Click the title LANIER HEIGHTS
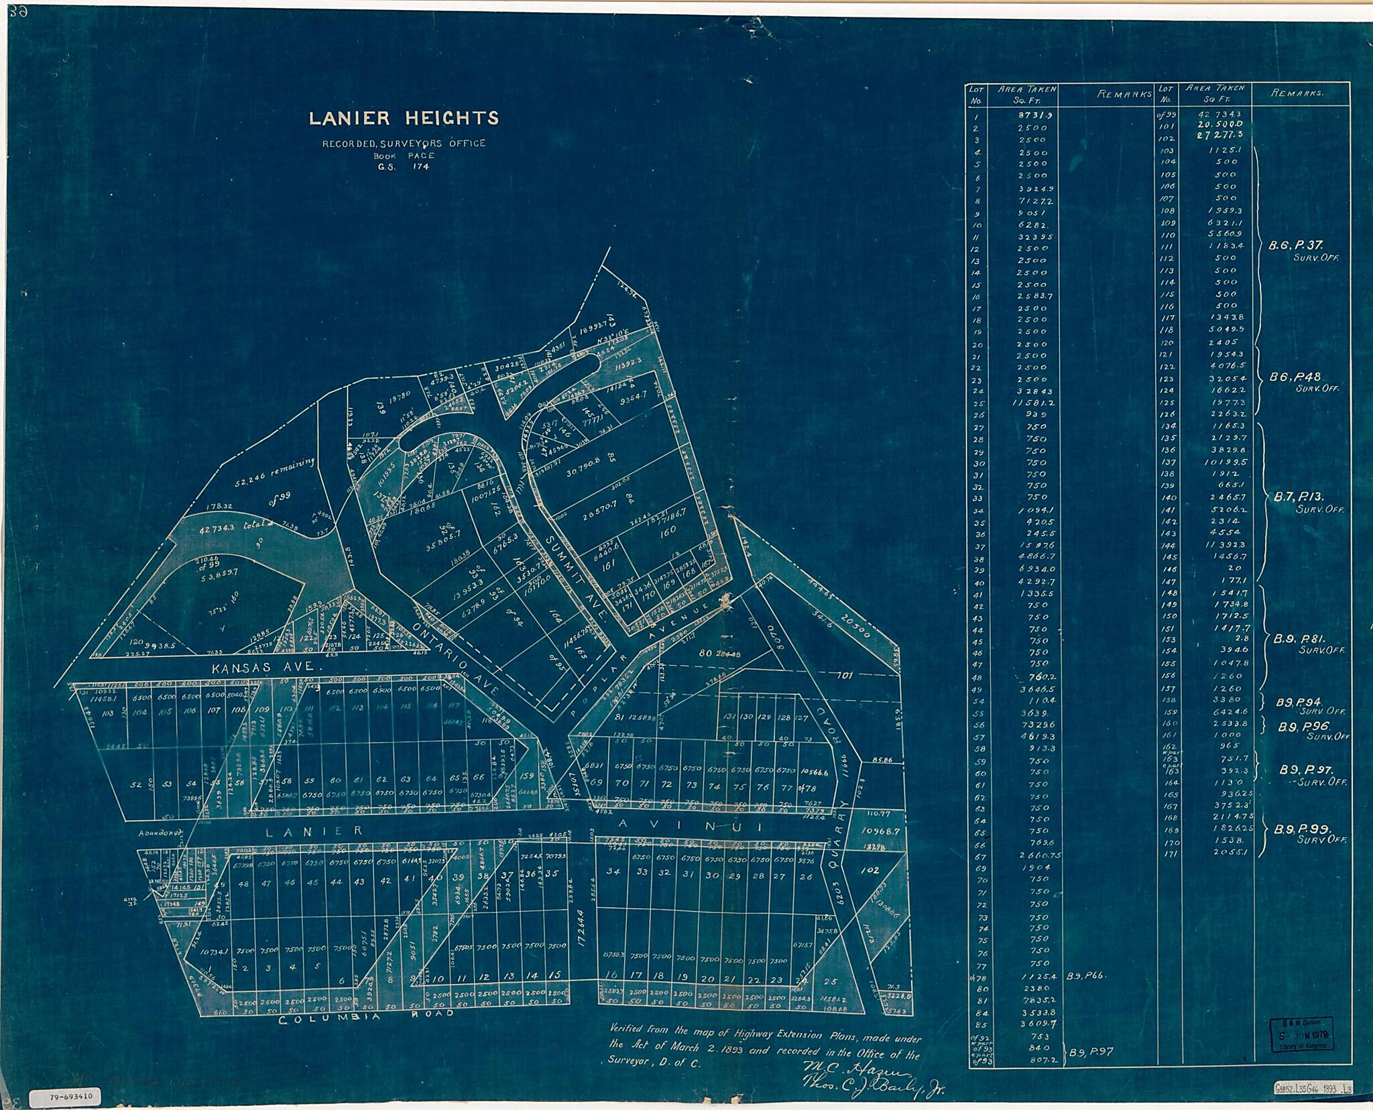coord(403,119)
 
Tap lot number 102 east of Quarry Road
coord(869,871)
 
